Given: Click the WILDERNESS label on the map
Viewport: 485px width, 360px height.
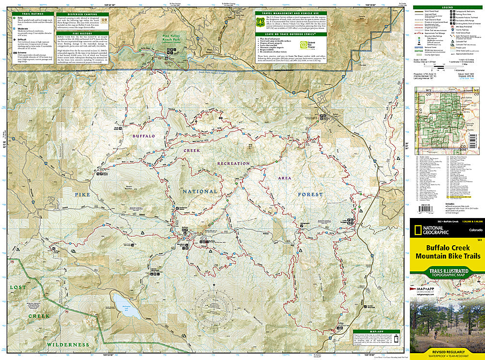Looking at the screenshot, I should pyautogui.click(x=69, y=344).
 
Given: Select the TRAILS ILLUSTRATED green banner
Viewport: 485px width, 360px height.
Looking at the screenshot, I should pyautogui.click(x=447, y=272).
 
